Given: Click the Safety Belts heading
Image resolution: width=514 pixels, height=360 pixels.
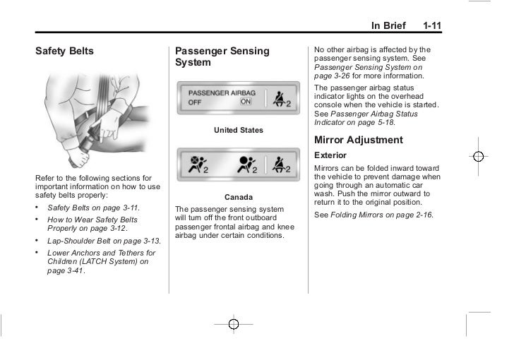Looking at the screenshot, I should (64, 52).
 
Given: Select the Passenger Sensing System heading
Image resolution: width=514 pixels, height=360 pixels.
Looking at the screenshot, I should (222, 57).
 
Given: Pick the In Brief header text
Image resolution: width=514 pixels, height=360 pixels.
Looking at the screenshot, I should (388, 26).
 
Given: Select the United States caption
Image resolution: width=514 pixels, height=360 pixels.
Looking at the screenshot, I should (238, 131).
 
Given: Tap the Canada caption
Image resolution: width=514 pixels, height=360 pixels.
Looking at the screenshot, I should (238, 196).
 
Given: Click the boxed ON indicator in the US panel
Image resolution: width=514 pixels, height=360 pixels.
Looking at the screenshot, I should (245, 102).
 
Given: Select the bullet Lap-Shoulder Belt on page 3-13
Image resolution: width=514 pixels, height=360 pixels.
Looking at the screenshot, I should (103, 241).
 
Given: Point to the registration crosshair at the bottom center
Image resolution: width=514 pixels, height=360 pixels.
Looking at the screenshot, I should (234, 323).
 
